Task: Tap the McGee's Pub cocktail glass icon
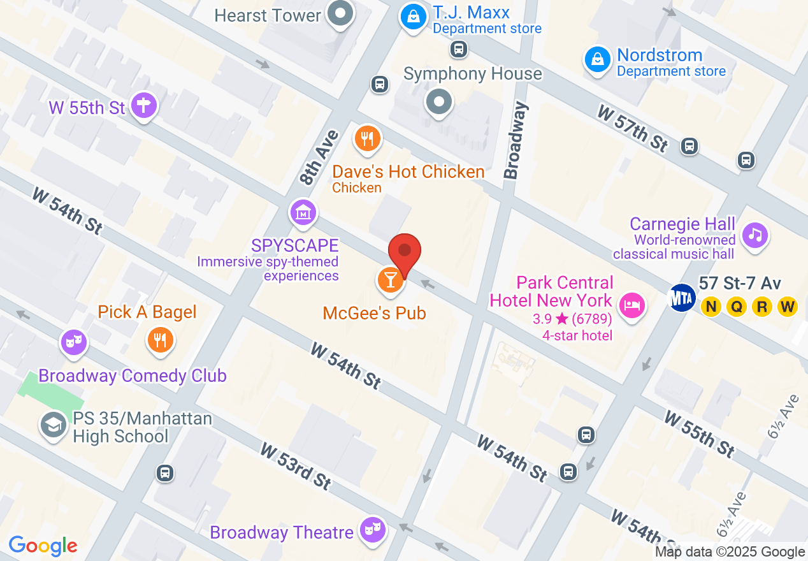[x=391, y=280]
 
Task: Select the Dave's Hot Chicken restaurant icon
[x=367, y=138]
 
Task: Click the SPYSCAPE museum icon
[x=303, y=212]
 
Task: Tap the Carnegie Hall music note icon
[x=754, y=235]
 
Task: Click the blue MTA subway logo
[x=681, y=297]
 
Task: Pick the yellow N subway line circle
[x=711, y=307]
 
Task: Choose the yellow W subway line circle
[x=788, y=307]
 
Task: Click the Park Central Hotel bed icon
[x=631, y=306]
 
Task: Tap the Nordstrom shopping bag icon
[x=598, y=60]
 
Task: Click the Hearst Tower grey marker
[x=340, y=13]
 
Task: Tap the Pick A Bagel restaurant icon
[x=161, y=340]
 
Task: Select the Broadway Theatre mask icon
[x=372, y=528]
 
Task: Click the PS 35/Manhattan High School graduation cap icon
[x=54, y=424]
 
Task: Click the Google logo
[x=43, y=546]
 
